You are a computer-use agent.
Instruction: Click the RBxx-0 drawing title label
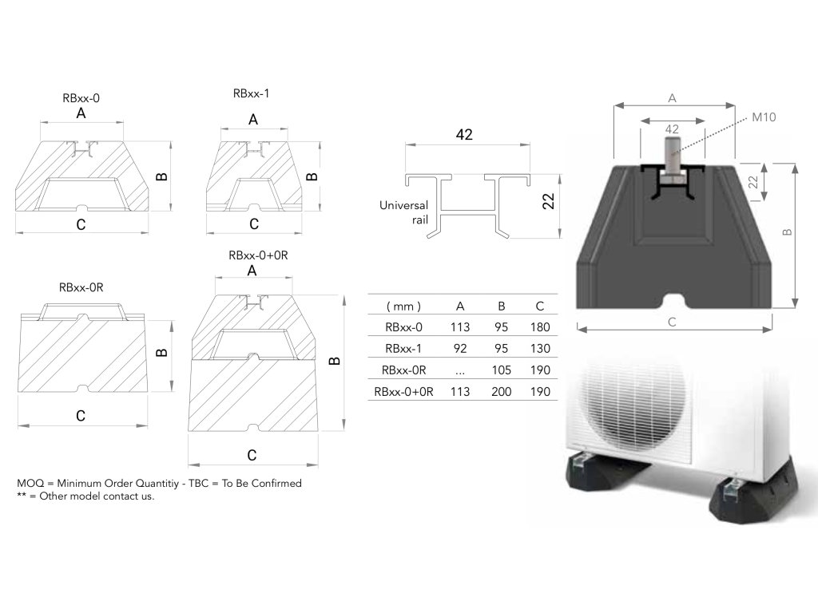coord(81,98)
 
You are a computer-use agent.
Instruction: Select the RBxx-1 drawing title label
coord(251,93)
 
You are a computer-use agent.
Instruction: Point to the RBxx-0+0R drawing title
coord(252,255)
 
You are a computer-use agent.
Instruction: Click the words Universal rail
coord(404,212)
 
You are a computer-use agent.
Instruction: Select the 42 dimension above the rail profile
coord(464,135)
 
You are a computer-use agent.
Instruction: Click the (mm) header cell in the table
coord(403,306)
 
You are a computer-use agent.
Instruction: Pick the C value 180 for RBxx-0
coord(539,327)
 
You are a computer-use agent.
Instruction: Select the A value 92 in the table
coord(460,349)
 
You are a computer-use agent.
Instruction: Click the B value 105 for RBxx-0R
coord(502,370)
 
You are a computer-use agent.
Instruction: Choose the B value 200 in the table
coord(502,392)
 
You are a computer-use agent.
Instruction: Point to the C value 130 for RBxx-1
coord(539,349)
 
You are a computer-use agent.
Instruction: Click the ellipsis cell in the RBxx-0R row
coord(460,370)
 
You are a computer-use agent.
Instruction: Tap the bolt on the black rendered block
coord(671,155)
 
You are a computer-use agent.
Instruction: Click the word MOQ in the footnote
coord(29,484)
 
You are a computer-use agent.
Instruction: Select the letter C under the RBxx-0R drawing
coord(81,416)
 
